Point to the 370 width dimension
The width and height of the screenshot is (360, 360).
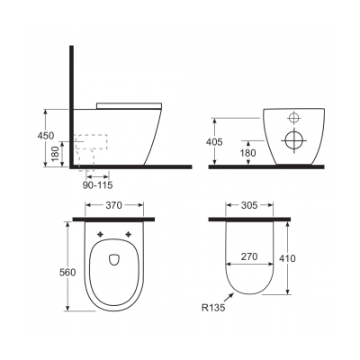(113, 206)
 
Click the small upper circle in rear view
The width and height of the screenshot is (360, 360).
(292, 118)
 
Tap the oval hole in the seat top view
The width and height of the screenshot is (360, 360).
(113, 260)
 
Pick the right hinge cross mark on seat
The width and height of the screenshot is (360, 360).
(130, 236)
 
